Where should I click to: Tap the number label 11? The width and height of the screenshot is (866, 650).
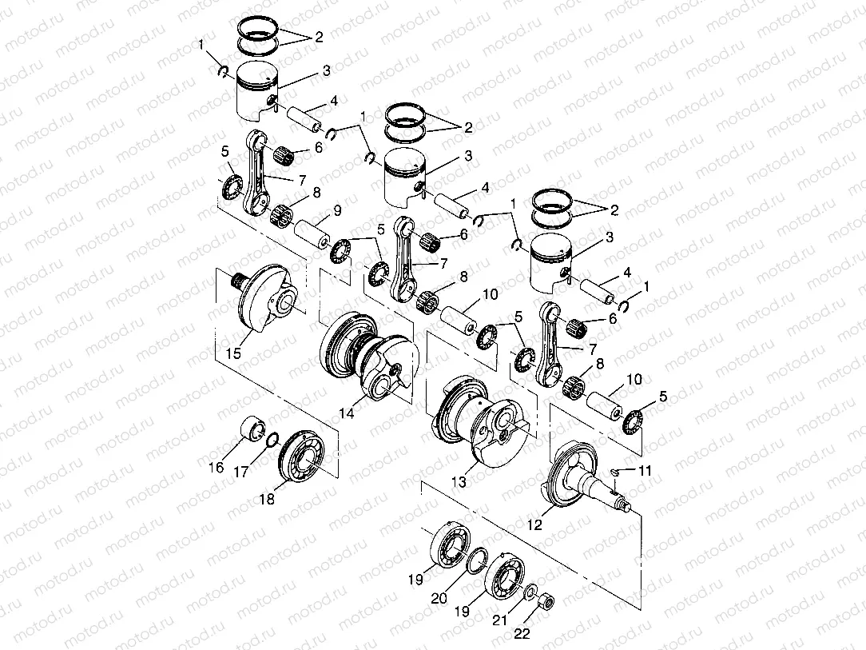point(645,471)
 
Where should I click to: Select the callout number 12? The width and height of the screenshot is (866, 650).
point(535,524)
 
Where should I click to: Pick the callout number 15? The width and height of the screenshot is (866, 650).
point(232,352)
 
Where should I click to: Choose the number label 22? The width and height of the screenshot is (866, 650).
point(522,635)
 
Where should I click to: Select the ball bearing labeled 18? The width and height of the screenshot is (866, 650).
point(304,460)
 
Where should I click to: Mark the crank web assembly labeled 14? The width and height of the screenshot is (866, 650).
point(367,356)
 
